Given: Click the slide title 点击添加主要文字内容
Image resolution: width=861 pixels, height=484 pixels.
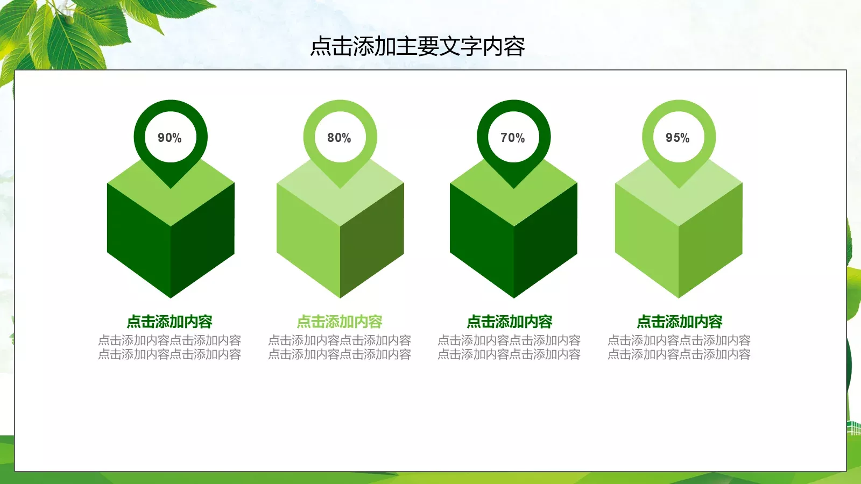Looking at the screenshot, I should tap(418, 47).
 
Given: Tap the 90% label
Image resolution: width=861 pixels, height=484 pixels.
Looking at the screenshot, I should tap(170, 138).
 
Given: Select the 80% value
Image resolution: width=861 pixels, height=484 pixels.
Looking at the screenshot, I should tap(339, 138).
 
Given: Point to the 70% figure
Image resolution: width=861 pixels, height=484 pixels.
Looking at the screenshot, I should tap(512, 138).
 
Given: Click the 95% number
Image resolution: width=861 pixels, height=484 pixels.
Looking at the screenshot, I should tap(677, 138).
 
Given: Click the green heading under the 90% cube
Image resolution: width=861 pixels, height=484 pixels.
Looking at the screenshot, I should tap(170, 322).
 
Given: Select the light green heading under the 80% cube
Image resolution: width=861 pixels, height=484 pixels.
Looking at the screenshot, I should tap(340, 322).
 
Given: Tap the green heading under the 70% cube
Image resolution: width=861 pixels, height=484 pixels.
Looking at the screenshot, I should tap(510, 322).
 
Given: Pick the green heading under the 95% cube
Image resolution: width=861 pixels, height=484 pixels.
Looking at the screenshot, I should tap(680, 322).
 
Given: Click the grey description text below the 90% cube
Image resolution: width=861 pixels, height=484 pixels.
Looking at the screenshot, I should tap(170, 347).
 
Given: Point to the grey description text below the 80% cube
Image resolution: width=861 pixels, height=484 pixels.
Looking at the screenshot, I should tap(340, 347).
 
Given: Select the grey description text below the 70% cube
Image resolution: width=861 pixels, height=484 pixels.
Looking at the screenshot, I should tap(509, 347).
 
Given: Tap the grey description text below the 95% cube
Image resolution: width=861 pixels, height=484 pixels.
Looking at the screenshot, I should tap(679, 347).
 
